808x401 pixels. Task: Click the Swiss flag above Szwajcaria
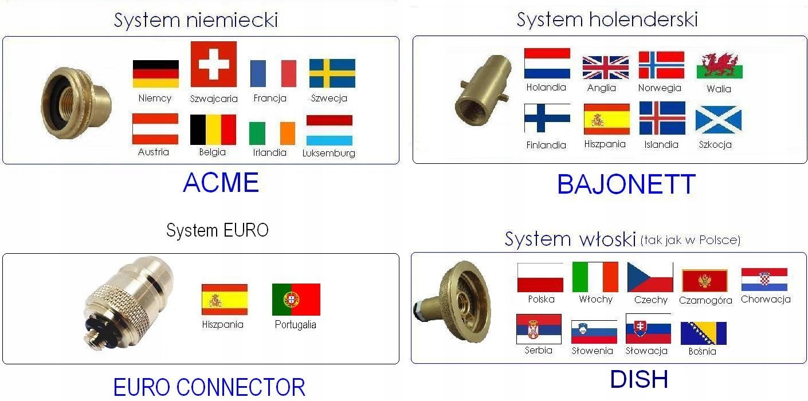214,64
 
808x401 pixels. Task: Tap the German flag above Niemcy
156,73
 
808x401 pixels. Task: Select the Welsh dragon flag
720,66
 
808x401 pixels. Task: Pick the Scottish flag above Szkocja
718,120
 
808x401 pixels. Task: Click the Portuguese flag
296,299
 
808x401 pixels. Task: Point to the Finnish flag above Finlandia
547,118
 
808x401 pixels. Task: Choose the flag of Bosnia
703,333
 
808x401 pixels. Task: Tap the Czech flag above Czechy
650,277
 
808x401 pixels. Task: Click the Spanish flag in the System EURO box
225,299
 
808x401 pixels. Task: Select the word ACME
221,183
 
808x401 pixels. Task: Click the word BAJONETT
626,184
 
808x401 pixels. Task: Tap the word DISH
639,379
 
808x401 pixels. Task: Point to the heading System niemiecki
196,20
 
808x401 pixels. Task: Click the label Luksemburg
328,154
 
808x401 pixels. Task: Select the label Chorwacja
766,299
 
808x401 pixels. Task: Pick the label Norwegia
660,88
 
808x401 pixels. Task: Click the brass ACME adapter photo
76,103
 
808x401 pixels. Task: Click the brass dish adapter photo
452,301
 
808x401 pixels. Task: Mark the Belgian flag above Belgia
213,129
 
